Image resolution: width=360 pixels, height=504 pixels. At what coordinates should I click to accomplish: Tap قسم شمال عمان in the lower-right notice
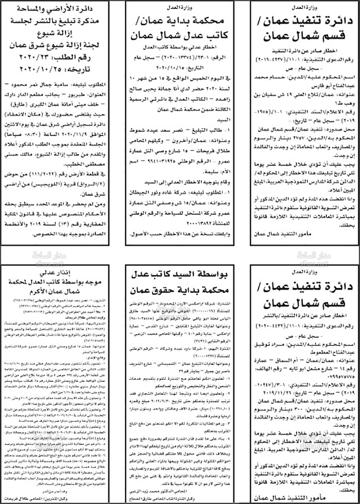click(x=305, y=304)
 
